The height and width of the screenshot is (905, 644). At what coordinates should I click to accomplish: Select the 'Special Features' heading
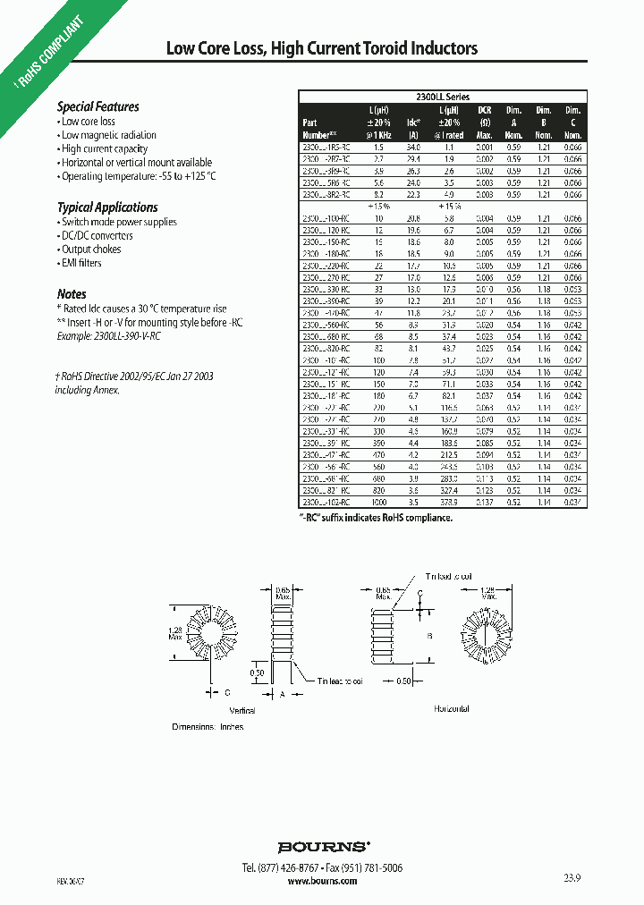click(98, 106)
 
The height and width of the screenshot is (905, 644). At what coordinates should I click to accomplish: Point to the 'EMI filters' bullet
click(81, 263)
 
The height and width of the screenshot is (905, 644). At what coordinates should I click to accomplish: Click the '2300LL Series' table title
click(443, 97)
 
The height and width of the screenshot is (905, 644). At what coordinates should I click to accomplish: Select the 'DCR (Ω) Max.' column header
click(486, 122)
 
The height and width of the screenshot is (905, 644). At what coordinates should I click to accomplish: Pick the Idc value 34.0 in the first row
click(413, 146)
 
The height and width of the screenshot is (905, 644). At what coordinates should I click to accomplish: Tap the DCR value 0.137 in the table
click(484, 503)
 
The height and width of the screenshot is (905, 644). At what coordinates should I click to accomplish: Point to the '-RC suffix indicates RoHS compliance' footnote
click(376, 517)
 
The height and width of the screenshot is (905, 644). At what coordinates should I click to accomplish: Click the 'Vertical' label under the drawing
click(242, 710)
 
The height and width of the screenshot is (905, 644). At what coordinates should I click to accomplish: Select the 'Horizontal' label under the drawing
click(452, 708)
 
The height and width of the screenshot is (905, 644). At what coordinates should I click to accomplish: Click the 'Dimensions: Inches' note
click(208, 727)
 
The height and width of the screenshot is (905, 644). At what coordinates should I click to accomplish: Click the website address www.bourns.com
click(323, 881)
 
